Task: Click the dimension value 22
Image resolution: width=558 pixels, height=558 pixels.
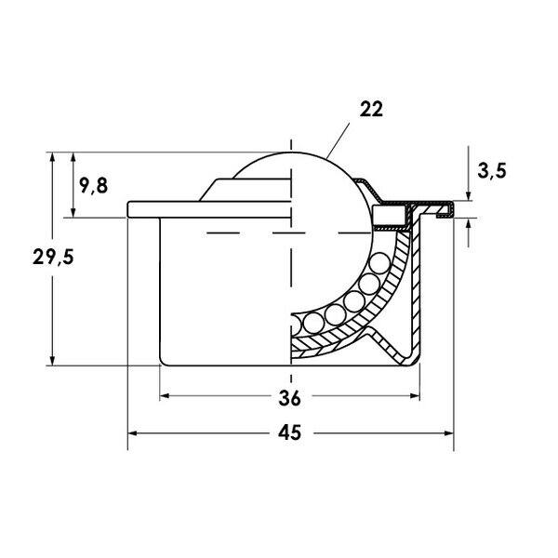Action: [x=371, y=109]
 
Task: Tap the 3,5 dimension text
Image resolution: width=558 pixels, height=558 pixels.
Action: [x=492, y=170]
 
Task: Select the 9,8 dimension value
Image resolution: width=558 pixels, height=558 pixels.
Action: [x=93, y=185]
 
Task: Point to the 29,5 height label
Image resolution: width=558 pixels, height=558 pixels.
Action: [x=53, y=257]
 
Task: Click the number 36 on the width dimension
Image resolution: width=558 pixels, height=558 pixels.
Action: [x=289, y=398]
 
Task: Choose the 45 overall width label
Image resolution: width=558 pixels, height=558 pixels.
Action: [x=289, y=432]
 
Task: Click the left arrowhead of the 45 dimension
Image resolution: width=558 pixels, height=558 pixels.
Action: [x=132, y=433]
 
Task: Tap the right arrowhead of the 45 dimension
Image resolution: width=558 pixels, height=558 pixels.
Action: [x=449, y=433]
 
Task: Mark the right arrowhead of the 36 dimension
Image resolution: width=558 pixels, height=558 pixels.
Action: [x=416, y=396]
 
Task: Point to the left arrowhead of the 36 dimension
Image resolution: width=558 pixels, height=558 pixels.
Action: [x=165, y=396]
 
